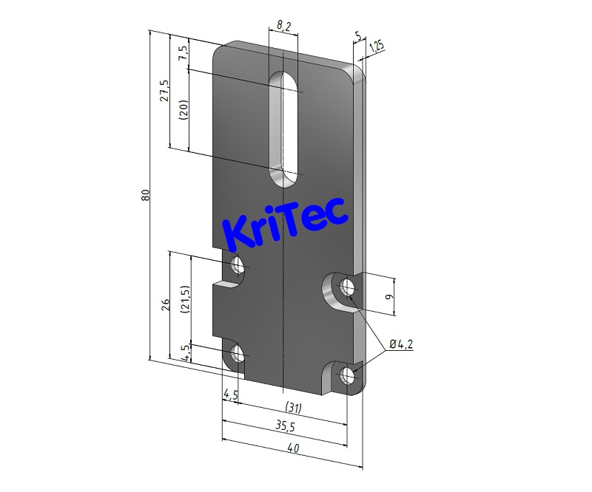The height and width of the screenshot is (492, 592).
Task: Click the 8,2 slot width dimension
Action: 283,26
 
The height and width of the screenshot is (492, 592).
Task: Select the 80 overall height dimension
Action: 146,196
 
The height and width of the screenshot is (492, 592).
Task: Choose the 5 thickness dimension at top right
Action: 358,35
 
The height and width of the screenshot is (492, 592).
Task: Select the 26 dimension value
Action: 165,304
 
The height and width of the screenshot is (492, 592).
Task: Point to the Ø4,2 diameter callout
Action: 400,344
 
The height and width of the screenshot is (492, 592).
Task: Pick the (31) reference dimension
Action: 294,407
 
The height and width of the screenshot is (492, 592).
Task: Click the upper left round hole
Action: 238,265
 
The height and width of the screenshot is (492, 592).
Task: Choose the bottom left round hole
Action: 238,355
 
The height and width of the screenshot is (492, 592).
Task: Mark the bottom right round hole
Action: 348,375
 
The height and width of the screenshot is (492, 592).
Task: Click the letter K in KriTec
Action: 238,230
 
